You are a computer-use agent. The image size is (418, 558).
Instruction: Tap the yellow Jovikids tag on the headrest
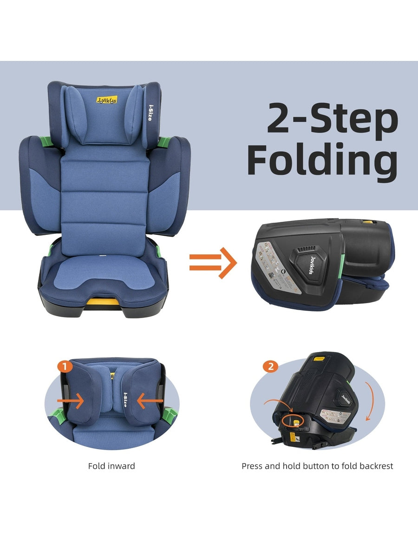[x=107, y=100]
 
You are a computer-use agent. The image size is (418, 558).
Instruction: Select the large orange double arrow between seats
[x=213, y=263]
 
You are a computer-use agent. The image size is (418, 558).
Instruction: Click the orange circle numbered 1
[x=65, y=367]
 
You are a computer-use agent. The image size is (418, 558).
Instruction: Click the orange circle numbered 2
[x=270, y=366]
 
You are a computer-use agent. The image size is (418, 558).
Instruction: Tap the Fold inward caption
[x=111, y=466]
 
